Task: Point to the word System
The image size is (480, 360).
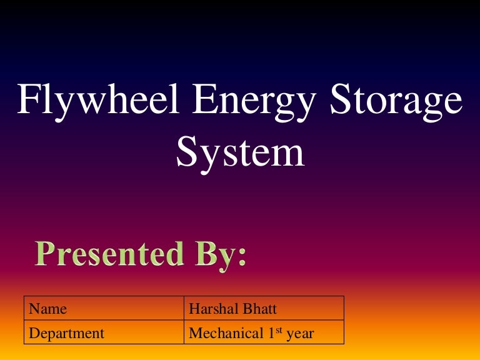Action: click(x=240, y=152)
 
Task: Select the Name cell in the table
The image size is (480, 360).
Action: click(x=48, y=309)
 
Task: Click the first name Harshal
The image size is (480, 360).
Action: click(x=213, y=309)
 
